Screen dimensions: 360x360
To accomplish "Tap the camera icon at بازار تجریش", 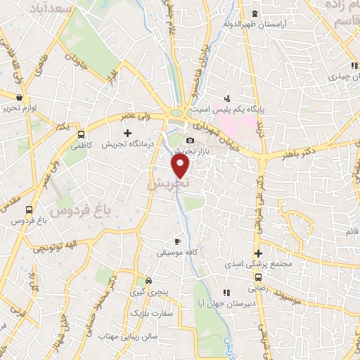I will click(x=190, y=140).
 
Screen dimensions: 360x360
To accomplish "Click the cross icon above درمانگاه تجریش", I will click(x=127, y=132).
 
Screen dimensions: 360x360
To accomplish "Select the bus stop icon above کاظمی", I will click(x=82, y=134).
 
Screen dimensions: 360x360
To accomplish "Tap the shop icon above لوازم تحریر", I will click(x=19, y=98).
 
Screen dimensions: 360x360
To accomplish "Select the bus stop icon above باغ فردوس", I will click(x=29, y=210).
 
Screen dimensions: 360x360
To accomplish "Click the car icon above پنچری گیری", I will click(x=148, y=279).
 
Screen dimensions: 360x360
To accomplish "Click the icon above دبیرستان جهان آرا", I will click(x=226, y=292).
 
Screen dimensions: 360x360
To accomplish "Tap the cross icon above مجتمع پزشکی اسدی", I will click(x=259, y=253).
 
